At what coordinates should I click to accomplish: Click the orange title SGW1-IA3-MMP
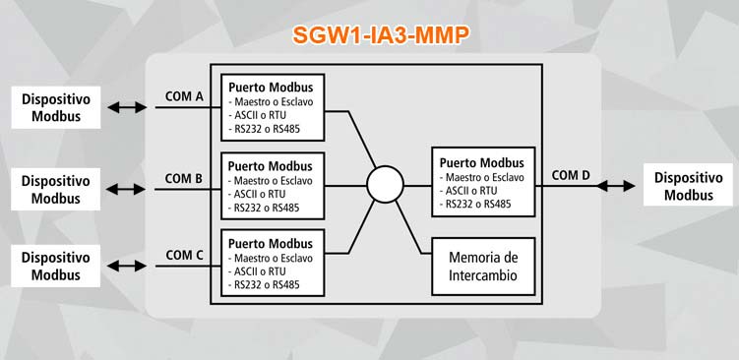pos(379,35)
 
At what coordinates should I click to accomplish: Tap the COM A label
pos(184,96)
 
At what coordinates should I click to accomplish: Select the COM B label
pos(184,178)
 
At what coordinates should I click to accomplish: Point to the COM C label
pos(184,255)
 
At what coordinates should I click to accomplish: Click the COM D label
pos(571,175)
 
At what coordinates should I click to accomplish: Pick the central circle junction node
pos(385,184)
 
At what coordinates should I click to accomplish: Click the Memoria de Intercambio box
pos(483,266)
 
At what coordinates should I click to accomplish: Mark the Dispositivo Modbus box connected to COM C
pos(56,266)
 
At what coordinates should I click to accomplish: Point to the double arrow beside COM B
pos(127,188)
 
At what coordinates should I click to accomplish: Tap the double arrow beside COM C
pos(127,266)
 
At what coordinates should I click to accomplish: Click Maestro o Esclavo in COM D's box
pos(482,178)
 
